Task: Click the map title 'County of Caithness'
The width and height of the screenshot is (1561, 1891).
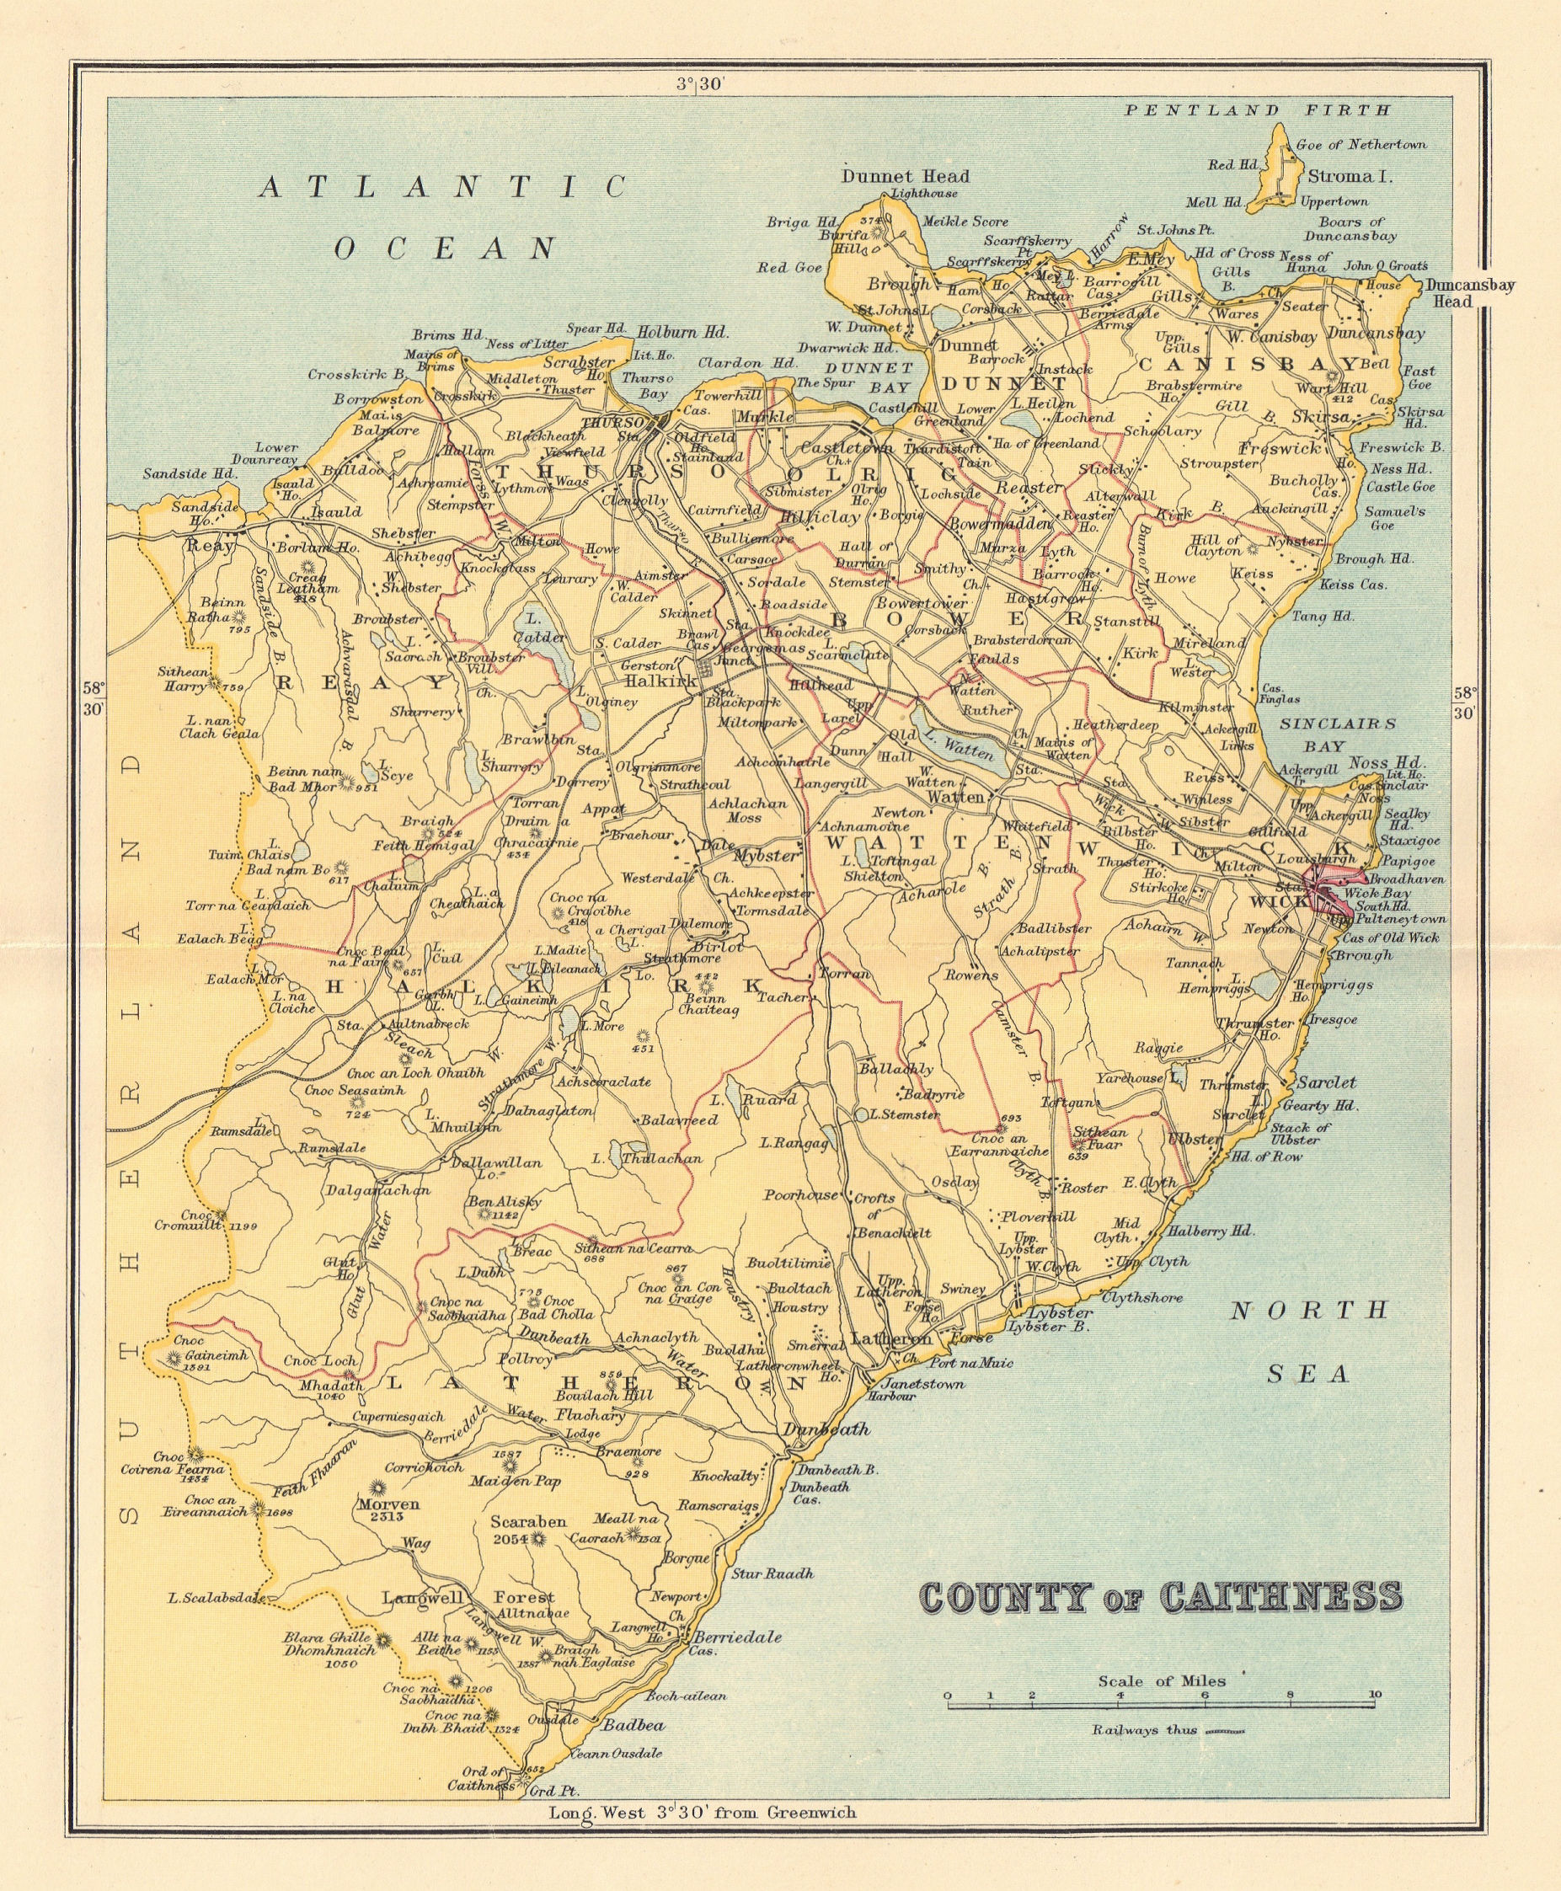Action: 1160,1597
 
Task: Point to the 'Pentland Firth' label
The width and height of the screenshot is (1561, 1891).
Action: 1258,110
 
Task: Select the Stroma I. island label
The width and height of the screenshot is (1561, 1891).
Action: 1350,176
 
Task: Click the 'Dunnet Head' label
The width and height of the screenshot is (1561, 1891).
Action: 905,176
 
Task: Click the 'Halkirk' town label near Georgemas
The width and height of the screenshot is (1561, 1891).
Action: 661,681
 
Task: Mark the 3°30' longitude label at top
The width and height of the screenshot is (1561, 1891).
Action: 701,84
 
